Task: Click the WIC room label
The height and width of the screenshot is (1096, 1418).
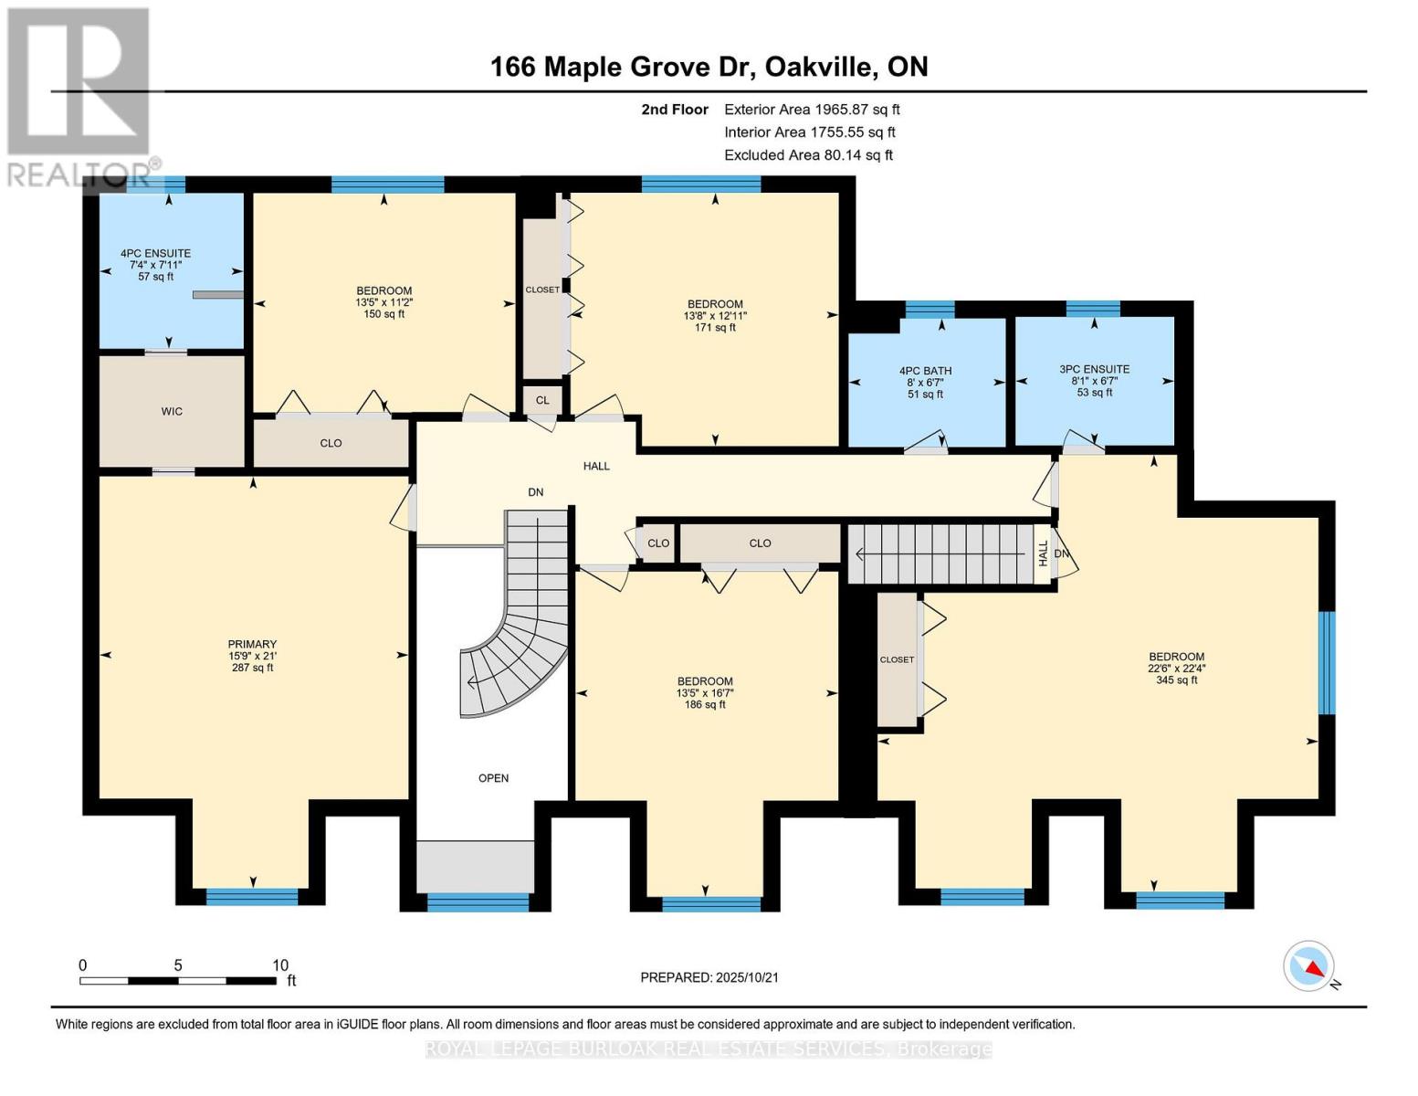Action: click(172, 412)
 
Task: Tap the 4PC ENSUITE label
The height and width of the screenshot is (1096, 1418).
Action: click(155, 254)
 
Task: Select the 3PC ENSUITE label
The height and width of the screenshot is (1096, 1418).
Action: click(1094, 369)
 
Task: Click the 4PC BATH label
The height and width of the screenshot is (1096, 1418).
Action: click(925, 371)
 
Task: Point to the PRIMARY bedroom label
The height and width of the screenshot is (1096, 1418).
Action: click(252, 645)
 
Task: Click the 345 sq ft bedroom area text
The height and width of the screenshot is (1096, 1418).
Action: click(1176, 680)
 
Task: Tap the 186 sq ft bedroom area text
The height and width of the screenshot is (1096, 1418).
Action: click(705, 704)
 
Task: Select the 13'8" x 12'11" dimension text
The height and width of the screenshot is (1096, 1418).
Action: click(715, 316)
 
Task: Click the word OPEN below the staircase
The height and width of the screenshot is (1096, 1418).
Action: click(493, 778)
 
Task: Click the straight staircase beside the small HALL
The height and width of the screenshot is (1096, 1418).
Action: click(940, 553)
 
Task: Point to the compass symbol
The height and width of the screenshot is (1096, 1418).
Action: click(1309, 966)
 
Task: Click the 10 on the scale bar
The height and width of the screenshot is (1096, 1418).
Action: click(279, 965)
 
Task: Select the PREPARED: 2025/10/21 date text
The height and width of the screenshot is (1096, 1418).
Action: click(709, 977)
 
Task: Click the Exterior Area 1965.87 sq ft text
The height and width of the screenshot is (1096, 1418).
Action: click(812, 109)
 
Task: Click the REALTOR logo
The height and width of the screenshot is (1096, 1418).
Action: click(80, 96)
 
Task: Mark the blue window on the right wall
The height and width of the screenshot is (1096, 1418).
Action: click(1327, 662)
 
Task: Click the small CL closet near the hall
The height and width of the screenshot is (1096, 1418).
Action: click(542, 400)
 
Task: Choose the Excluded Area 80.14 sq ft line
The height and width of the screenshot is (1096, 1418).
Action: click(808, 155)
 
